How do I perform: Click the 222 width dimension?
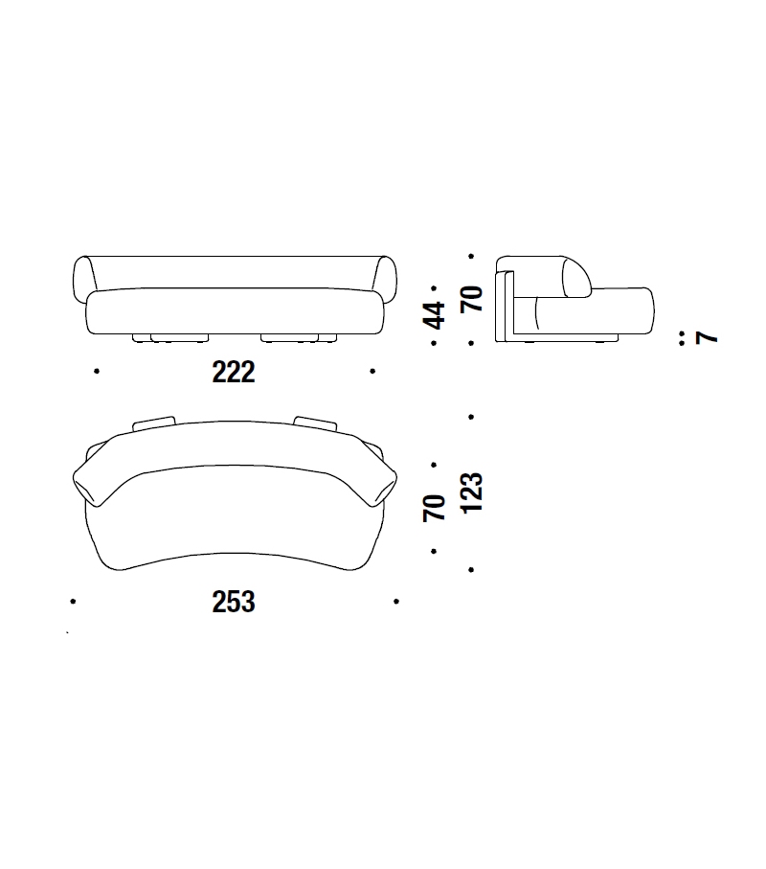234,372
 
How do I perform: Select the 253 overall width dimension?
234,602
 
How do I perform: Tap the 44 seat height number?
434,315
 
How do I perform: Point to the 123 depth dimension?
471,492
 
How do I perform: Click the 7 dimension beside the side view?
707,337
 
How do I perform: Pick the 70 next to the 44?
471,299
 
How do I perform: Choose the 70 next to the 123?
434,508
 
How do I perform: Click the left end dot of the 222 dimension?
97,371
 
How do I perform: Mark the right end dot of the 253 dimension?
396,601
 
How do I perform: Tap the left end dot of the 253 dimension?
73,601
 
